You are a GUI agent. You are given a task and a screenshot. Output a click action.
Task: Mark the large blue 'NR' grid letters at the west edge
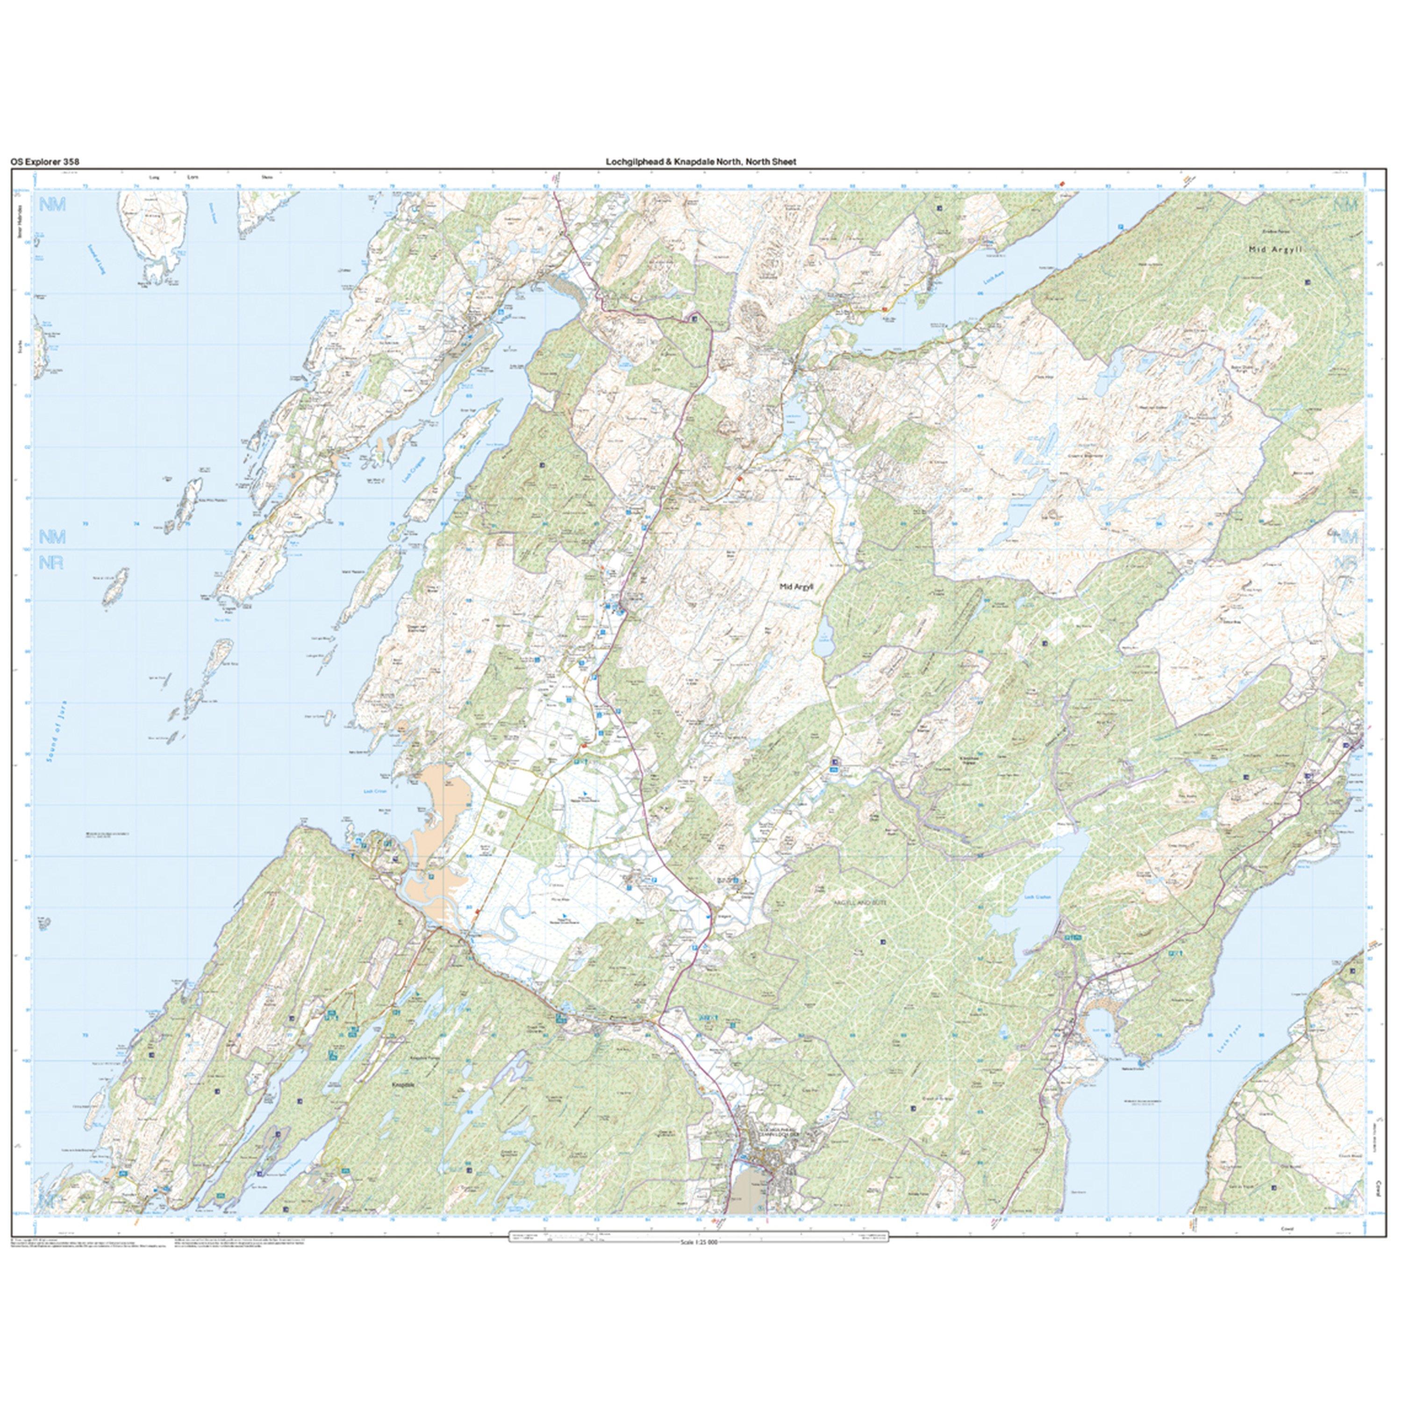click(x=51, y=562)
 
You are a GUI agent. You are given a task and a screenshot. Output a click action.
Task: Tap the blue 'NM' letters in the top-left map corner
click(x=52, y=205)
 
